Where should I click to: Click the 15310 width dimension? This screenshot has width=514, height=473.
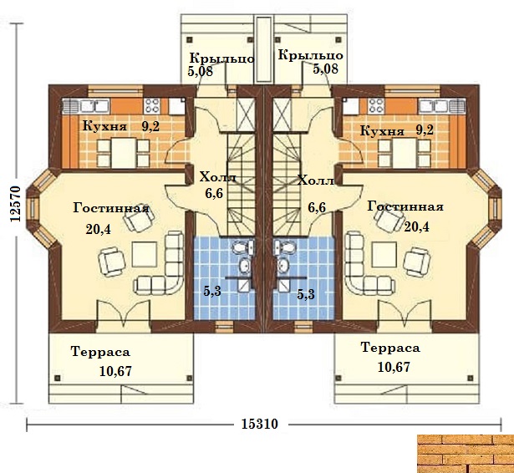tap(260, 424)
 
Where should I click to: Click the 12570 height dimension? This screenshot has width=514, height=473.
tap(15, 204)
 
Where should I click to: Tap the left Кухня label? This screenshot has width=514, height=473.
tap(104, 125)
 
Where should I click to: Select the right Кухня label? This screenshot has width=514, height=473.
tap(382, 131)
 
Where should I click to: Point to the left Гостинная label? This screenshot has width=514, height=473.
tap(111, 208)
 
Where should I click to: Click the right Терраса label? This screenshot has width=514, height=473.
tap(390, 347)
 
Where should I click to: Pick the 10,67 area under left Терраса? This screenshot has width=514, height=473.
tap(115, 371)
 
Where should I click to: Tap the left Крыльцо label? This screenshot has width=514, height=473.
tap(222, 58)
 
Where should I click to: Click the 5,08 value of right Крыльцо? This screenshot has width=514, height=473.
tap(325, 69)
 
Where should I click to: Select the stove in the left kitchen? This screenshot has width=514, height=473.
tap(151, 105)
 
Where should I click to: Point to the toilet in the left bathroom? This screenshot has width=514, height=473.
tap(243, 247)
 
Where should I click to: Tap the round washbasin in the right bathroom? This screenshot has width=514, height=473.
tap(282, 265)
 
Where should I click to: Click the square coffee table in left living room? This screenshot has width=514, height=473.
tap(145, 254)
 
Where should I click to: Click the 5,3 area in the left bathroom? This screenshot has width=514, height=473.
tap(212, 291)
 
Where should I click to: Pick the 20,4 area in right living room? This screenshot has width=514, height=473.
tap(416, 226)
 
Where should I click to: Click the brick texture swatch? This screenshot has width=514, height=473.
tap(466, 454)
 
